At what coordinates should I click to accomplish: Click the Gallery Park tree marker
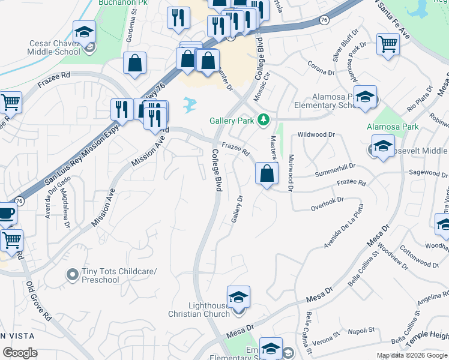262,121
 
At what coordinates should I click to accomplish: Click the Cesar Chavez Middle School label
55,47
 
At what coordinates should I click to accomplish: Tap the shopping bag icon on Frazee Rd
267,175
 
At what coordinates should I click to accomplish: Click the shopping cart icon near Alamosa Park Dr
388,44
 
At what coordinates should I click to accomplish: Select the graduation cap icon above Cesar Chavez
84,32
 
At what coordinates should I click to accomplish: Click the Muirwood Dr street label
290,173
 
